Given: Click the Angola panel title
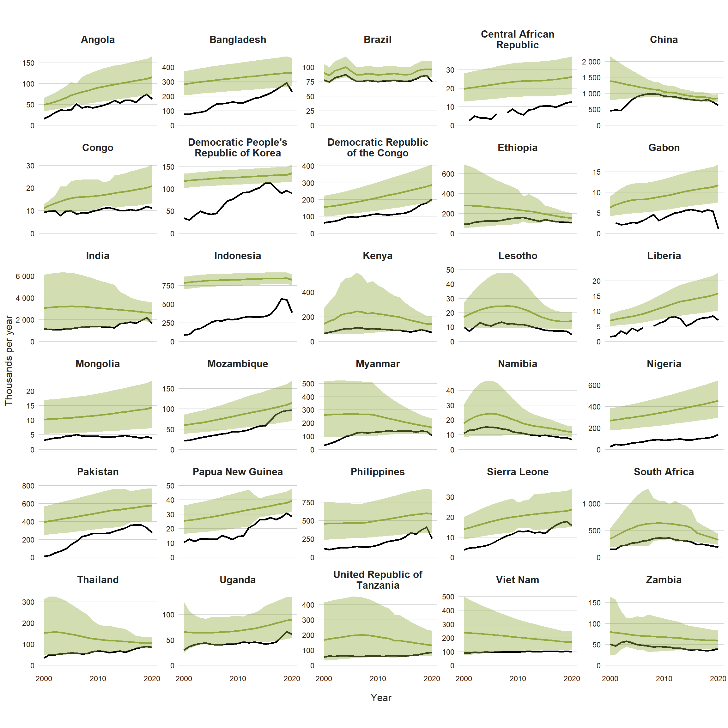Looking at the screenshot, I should click(98, 39).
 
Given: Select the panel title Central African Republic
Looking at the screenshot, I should click(517, 39).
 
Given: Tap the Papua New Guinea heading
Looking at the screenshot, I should click(237, 472).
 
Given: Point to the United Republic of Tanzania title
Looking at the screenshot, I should click(378, 579).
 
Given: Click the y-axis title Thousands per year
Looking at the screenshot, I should click(8, 361).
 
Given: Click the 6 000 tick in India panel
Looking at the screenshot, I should click(25, 276).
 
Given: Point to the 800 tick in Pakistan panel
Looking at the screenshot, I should click(28, 486).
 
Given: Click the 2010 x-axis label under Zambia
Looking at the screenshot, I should click(664, 679).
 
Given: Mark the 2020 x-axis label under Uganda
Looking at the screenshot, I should click(292, 679).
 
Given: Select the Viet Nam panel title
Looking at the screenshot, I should click(517, 580).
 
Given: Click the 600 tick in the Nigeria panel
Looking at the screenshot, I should click(594, 385).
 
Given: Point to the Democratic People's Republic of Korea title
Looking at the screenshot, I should click(237, 148).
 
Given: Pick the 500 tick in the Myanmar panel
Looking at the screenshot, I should click(308, 384).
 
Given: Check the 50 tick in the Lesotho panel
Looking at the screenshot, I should click(450, 270).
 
